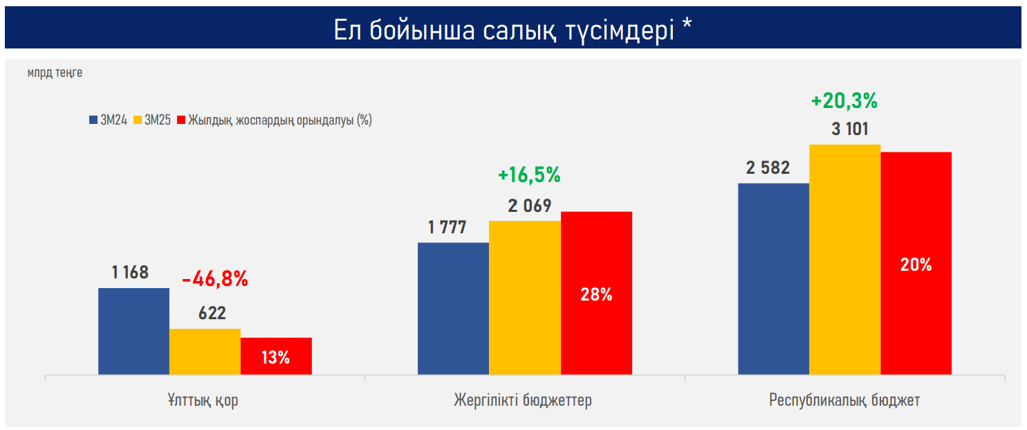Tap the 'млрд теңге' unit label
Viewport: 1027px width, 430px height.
click(x=55, y=73)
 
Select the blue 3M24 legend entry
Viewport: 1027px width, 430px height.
click(x=108, y=120)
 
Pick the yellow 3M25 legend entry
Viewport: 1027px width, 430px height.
click(x=152, y=120)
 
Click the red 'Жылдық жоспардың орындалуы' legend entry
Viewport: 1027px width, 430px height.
click(x=275, y=120)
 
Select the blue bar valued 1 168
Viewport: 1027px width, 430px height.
click(x=134, y=332)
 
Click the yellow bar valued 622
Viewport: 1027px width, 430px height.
click(x=205, y=352)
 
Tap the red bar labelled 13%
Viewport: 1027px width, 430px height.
click(x=276, y=356)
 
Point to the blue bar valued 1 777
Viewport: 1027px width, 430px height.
click(x=454, y=308)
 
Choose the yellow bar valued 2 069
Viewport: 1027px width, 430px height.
click(x=525, y=298)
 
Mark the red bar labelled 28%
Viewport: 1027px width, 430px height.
click(x=596, y=293)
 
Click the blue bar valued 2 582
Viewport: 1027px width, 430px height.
click(x=773, y=279)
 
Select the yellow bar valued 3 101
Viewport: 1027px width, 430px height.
click(x=845, y=260)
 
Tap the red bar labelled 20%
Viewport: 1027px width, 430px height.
click(x=916, y=263)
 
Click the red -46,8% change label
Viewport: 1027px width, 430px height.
click(x=215, y=279)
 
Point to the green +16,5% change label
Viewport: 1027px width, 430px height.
click(x=529, y=175)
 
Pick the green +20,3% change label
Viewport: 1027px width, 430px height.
click(x=844, y=101)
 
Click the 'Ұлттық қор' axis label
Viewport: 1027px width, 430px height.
click(x=203, y=401)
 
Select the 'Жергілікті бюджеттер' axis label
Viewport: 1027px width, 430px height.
click(x=523, y=400)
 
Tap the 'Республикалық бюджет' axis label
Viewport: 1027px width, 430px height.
click(x=844, y=400)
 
